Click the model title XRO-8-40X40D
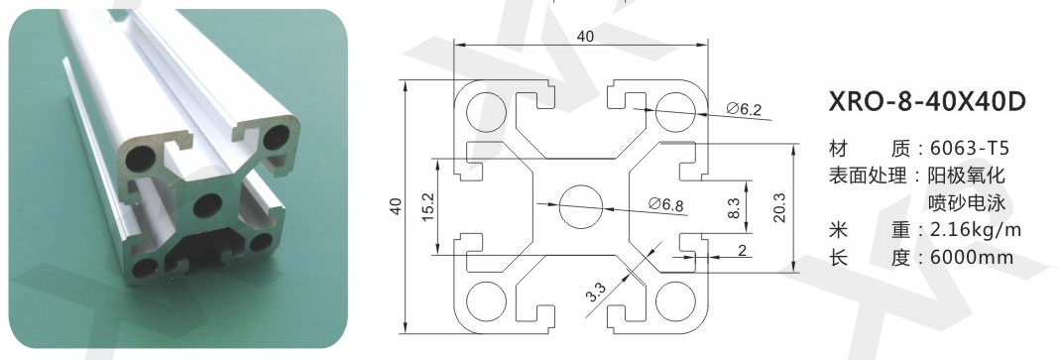click(x=926, y=101)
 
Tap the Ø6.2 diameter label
click(x=744, y=109)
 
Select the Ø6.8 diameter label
click(x=665, y=203)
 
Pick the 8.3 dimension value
click(x=735, y=207)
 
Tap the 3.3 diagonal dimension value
click(x=596, y=294)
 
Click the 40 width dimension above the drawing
click(x=586, y=37)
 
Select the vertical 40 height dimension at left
click(x=397, y=206)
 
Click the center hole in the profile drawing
click(x=581, y=206)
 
